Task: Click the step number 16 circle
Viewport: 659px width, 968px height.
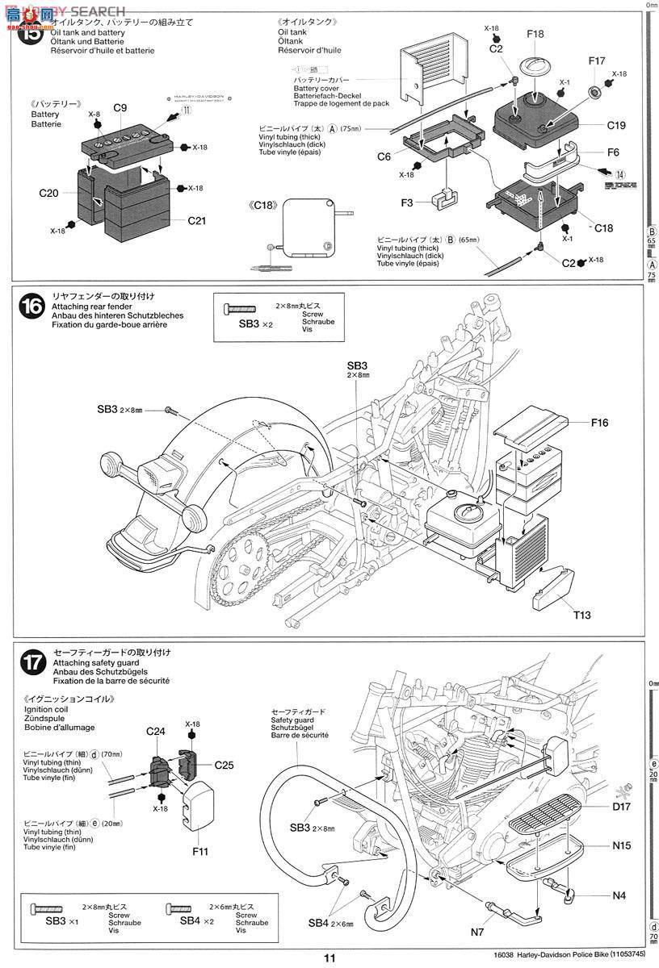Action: click(x=33, y=306)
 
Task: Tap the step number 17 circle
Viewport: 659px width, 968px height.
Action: click(x=33, y=662)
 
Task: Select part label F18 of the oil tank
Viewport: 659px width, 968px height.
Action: click(x=535, y=34)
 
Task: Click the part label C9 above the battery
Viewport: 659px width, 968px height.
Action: click(x=120, y=108)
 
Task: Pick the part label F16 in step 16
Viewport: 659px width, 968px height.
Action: click(x=599, y=422)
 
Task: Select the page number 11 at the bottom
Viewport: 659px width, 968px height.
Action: click(x=329, y=958)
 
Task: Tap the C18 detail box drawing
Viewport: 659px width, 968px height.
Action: click(x=306, y=227)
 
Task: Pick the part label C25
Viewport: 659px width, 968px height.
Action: click(x=224, y=764)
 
